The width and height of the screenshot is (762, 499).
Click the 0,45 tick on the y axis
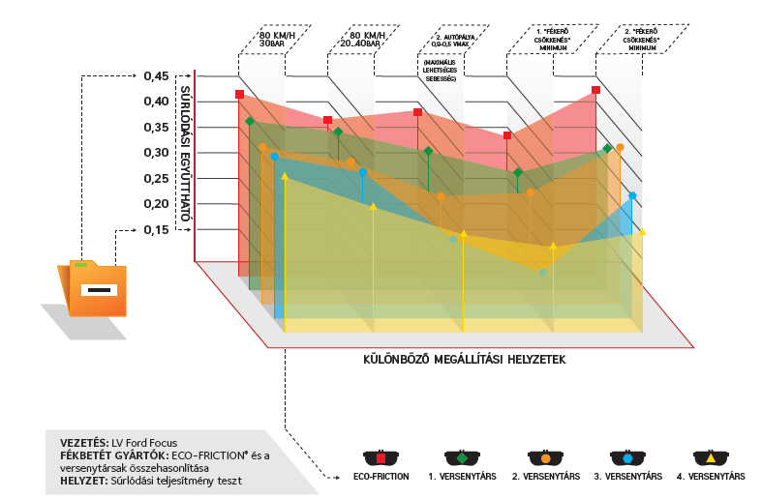[x=156, y=75]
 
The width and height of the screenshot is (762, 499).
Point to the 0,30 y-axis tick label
[x=156, y=153]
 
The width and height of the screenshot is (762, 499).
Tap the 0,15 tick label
[x=156, y=229]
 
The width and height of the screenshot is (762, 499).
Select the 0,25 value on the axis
[x=156, y=179]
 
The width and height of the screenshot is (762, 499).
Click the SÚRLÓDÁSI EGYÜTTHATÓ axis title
[x=184, y=155]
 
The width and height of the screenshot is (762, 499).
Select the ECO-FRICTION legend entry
[x=381, y=476]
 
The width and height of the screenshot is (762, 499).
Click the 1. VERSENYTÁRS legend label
[x=463, y=476]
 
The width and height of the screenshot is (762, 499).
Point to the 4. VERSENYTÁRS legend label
[x=712, y=476]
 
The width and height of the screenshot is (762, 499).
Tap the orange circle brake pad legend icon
[x=546, y=457]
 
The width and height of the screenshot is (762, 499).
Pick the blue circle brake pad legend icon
[x=627, y=457]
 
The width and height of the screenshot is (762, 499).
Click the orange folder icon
[x=95, y=288]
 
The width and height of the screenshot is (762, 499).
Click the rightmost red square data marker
[x=595, y=90]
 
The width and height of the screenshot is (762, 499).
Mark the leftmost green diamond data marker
[x=250, y=121]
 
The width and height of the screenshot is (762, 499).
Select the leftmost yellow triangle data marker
[x=285, y=176]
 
